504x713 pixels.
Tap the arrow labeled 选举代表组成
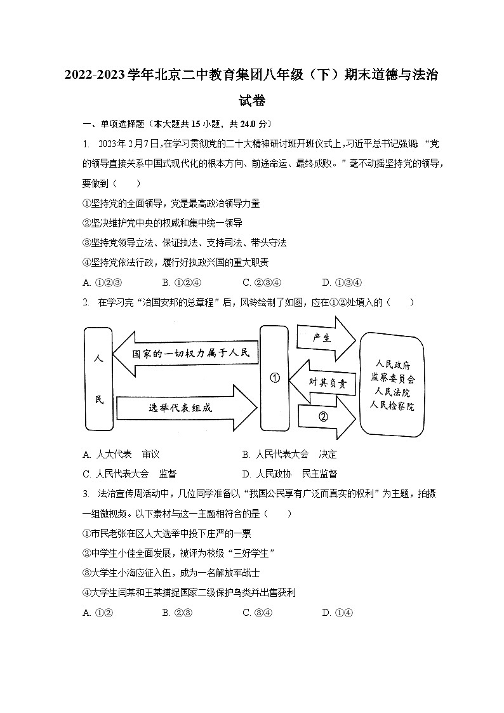pyautogui.click(x=184, y=407)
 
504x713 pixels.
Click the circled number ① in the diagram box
pyautogui.click(x=275, y=378)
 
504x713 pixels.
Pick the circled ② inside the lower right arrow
pyautogui.click(x=323, y=417)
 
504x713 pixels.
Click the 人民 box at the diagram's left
pyautogui.click(x=98, y=380)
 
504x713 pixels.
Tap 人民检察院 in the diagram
pyautogui.click(x=393, y=406)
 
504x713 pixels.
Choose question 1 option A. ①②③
pyautogui.click(x=102, y=283)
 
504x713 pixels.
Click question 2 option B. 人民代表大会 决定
pyautogui.click(x=289, y=454)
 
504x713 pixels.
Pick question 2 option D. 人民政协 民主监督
pyautogui.click(x=289, y=474)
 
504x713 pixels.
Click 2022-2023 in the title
pyautogui.click(x=95, y=75)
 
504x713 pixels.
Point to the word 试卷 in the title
pyautogui.click(x=252, y=100)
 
